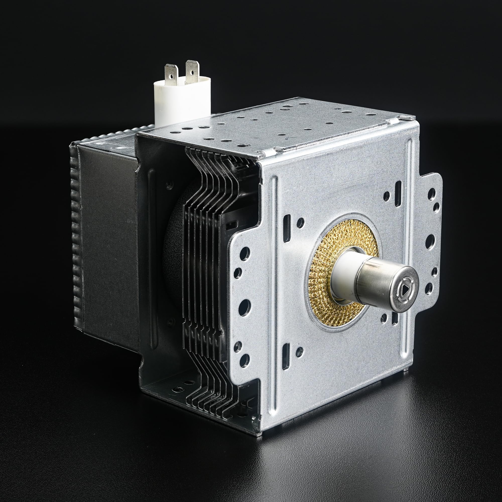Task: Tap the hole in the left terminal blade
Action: [171, 76]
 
